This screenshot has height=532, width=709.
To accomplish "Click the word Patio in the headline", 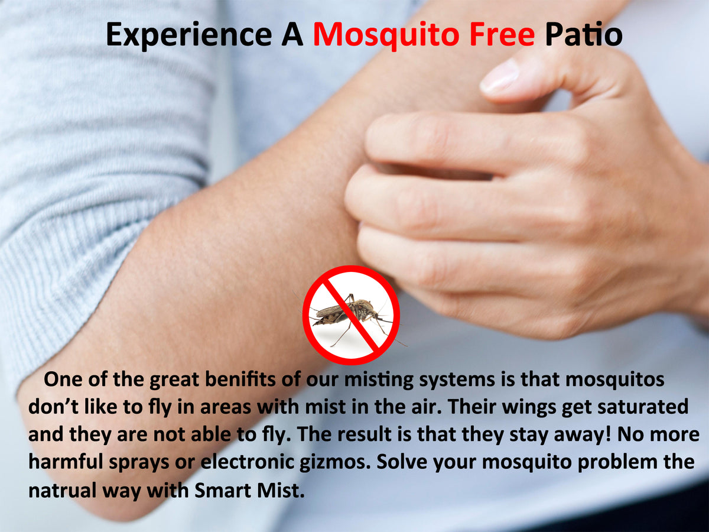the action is tap(583, 34).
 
